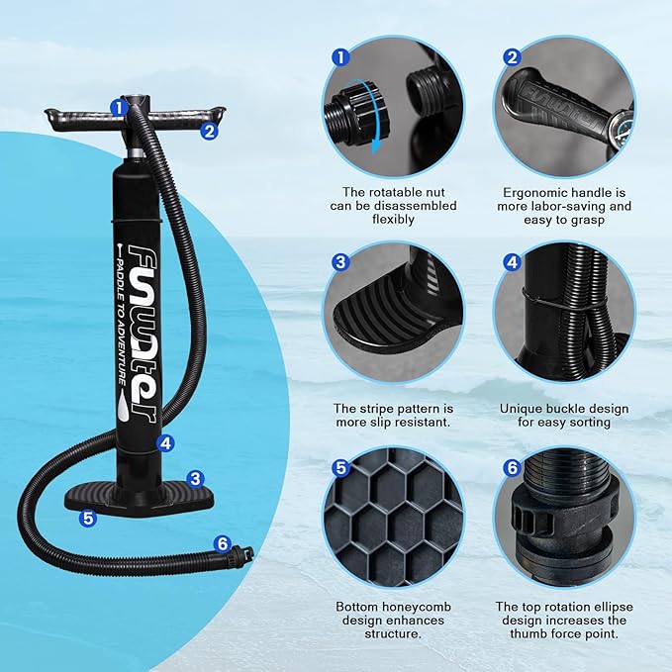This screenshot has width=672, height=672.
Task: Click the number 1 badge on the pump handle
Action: pyautogui.click(x=118, y=106)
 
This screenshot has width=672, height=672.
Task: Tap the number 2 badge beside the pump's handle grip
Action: pyautogui.click(x=209, y=129)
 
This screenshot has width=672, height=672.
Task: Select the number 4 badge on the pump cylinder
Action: pyautogui.click(x=165, y=444)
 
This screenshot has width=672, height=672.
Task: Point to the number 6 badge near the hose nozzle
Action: pyautogui.click(x=222, y=543)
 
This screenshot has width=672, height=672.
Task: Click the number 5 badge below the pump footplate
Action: pyautogui.click(x=88, y=517)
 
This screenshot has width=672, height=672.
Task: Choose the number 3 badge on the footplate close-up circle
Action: pyautogui.click(x=341, y=262)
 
